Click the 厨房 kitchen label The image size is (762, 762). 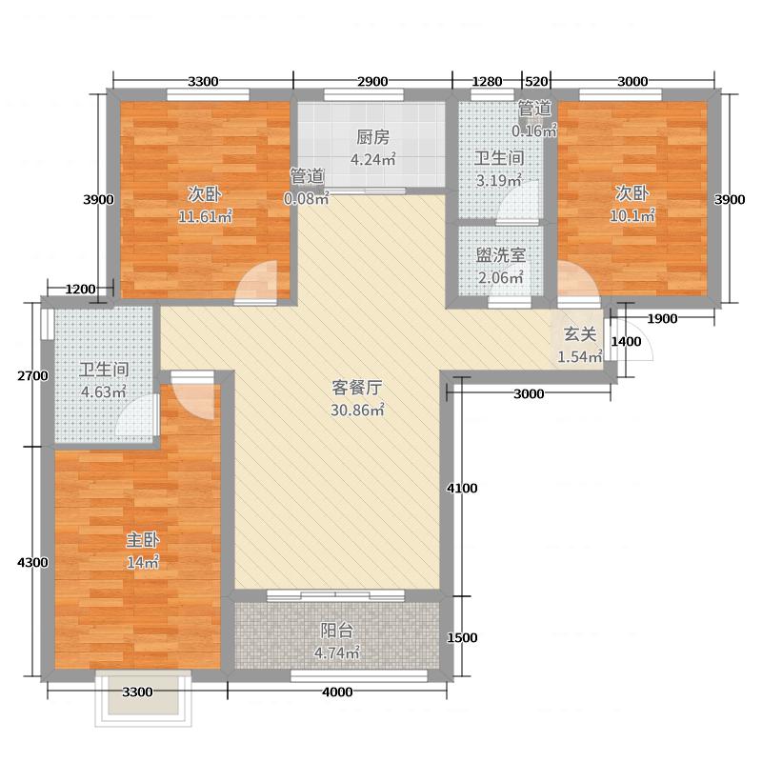coord(371,136)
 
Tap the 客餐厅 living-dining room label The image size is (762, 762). coord(357,388)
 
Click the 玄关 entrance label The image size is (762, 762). coord(579,334)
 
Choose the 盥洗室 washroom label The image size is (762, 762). coord(501,256)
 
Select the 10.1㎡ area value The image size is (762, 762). coord(633,215)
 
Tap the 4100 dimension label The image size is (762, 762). coord(462,489)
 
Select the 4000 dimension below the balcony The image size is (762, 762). coord(336,692)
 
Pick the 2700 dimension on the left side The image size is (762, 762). coord(31,375)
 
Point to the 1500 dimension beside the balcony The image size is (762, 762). coord(462,637)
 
